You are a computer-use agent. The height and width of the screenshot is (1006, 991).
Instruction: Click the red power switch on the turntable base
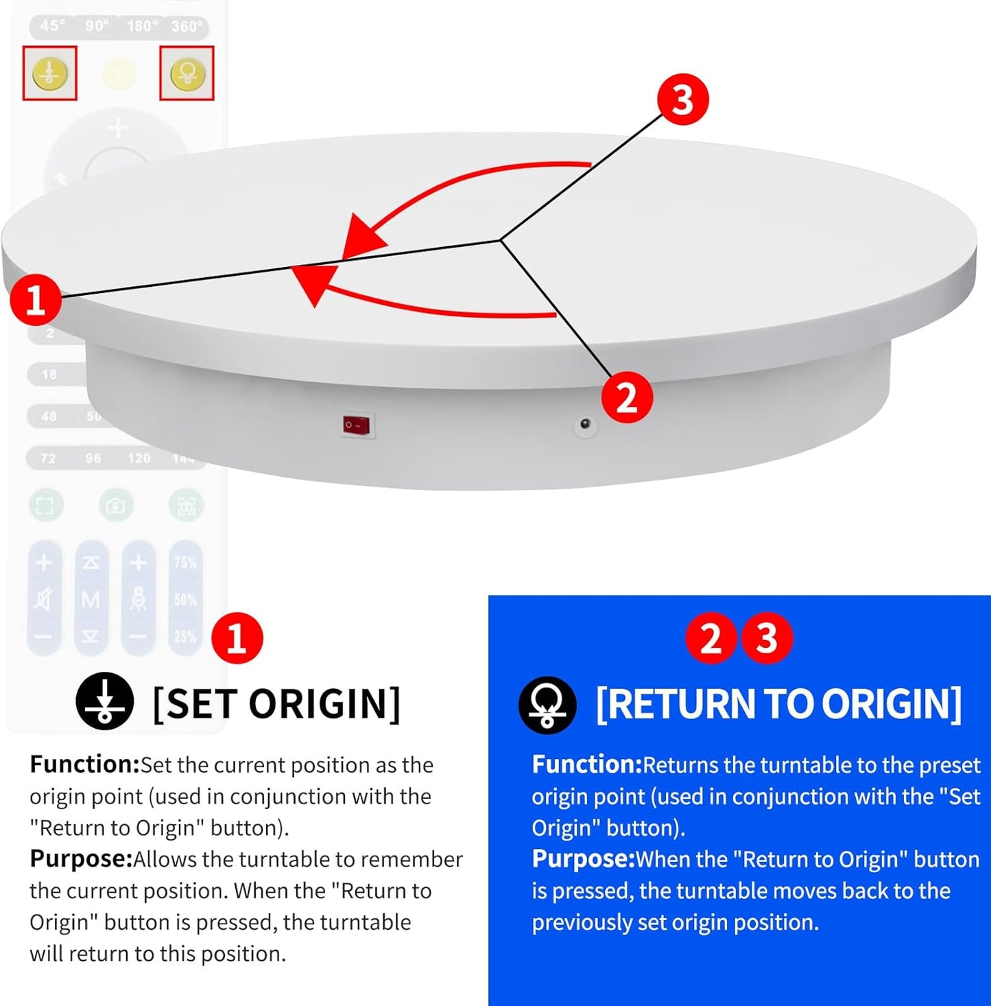point(357,425)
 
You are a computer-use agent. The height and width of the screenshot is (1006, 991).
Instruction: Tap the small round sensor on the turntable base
point(585,425)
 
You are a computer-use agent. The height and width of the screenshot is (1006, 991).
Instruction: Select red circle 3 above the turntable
point(682,100)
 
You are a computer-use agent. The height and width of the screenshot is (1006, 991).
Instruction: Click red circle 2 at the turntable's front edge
point(627,397)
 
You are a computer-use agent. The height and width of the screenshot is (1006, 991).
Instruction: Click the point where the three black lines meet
point(501,240)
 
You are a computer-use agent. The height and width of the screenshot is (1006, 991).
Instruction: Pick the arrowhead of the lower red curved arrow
point(313,283)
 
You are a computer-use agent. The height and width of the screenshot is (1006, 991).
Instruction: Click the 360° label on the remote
point(187,26)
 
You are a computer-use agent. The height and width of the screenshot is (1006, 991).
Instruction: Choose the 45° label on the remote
point(53,26)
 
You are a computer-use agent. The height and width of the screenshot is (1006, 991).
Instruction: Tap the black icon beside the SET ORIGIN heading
point(104,701)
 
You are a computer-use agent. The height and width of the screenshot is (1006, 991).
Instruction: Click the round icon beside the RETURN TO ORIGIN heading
point(547,705)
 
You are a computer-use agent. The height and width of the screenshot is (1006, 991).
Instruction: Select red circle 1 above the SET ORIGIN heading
point(237,638)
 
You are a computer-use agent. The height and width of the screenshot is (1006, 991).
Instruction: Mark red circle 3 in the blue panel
point(767,638)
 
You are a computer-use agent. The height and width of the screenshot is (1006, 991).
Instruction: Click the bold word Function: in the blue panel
point(586,764)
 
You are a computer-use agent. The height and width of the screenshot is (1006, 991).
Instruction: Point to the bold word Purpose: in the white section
point(80,858)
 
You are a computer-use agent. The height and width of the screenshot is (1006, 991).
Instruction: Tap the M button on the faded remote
point(91,600)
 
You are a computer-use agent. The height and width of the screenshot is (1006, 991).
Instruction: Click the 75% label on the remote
point(185,563)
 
